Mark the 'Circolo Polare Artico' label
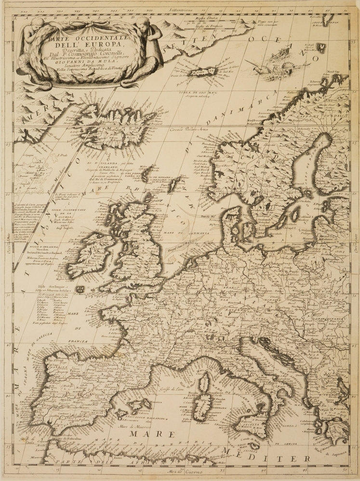192,130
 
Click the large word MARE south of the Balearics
152,434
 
